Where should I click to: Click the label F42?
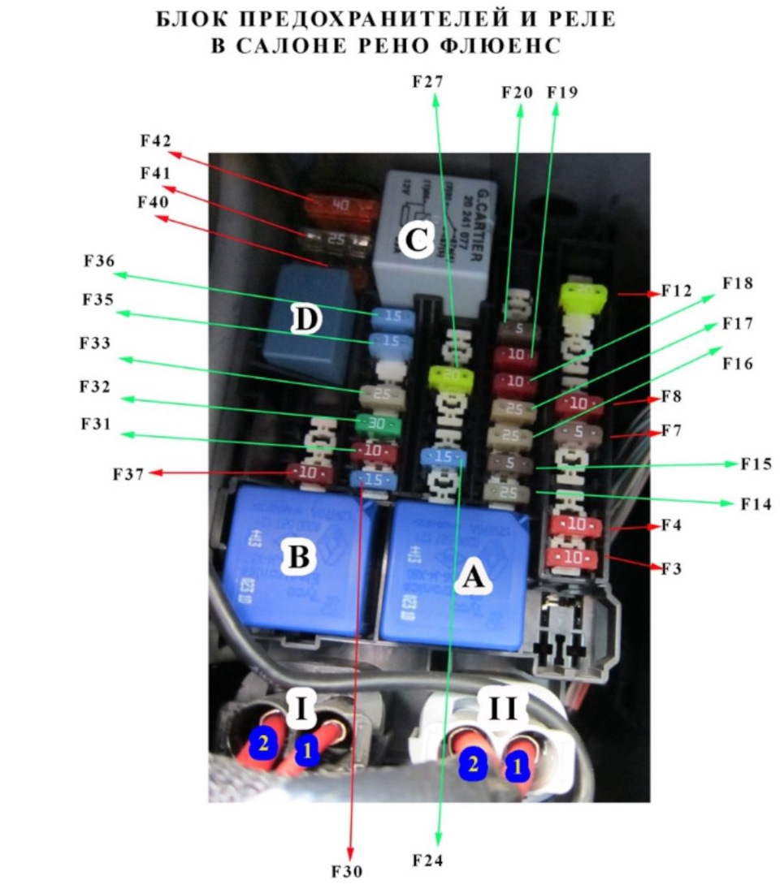(154, 140)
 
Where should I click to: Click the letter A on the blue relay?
(472, 577)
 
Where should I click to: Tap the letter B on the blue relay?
(297, 558)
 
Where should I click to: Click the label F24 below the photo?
(428, 860)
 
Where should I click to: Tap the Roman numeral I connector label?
(301, 709)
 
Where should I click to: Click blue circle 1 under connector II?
(517, 766)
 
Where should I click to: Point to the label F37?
(127, 474)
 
